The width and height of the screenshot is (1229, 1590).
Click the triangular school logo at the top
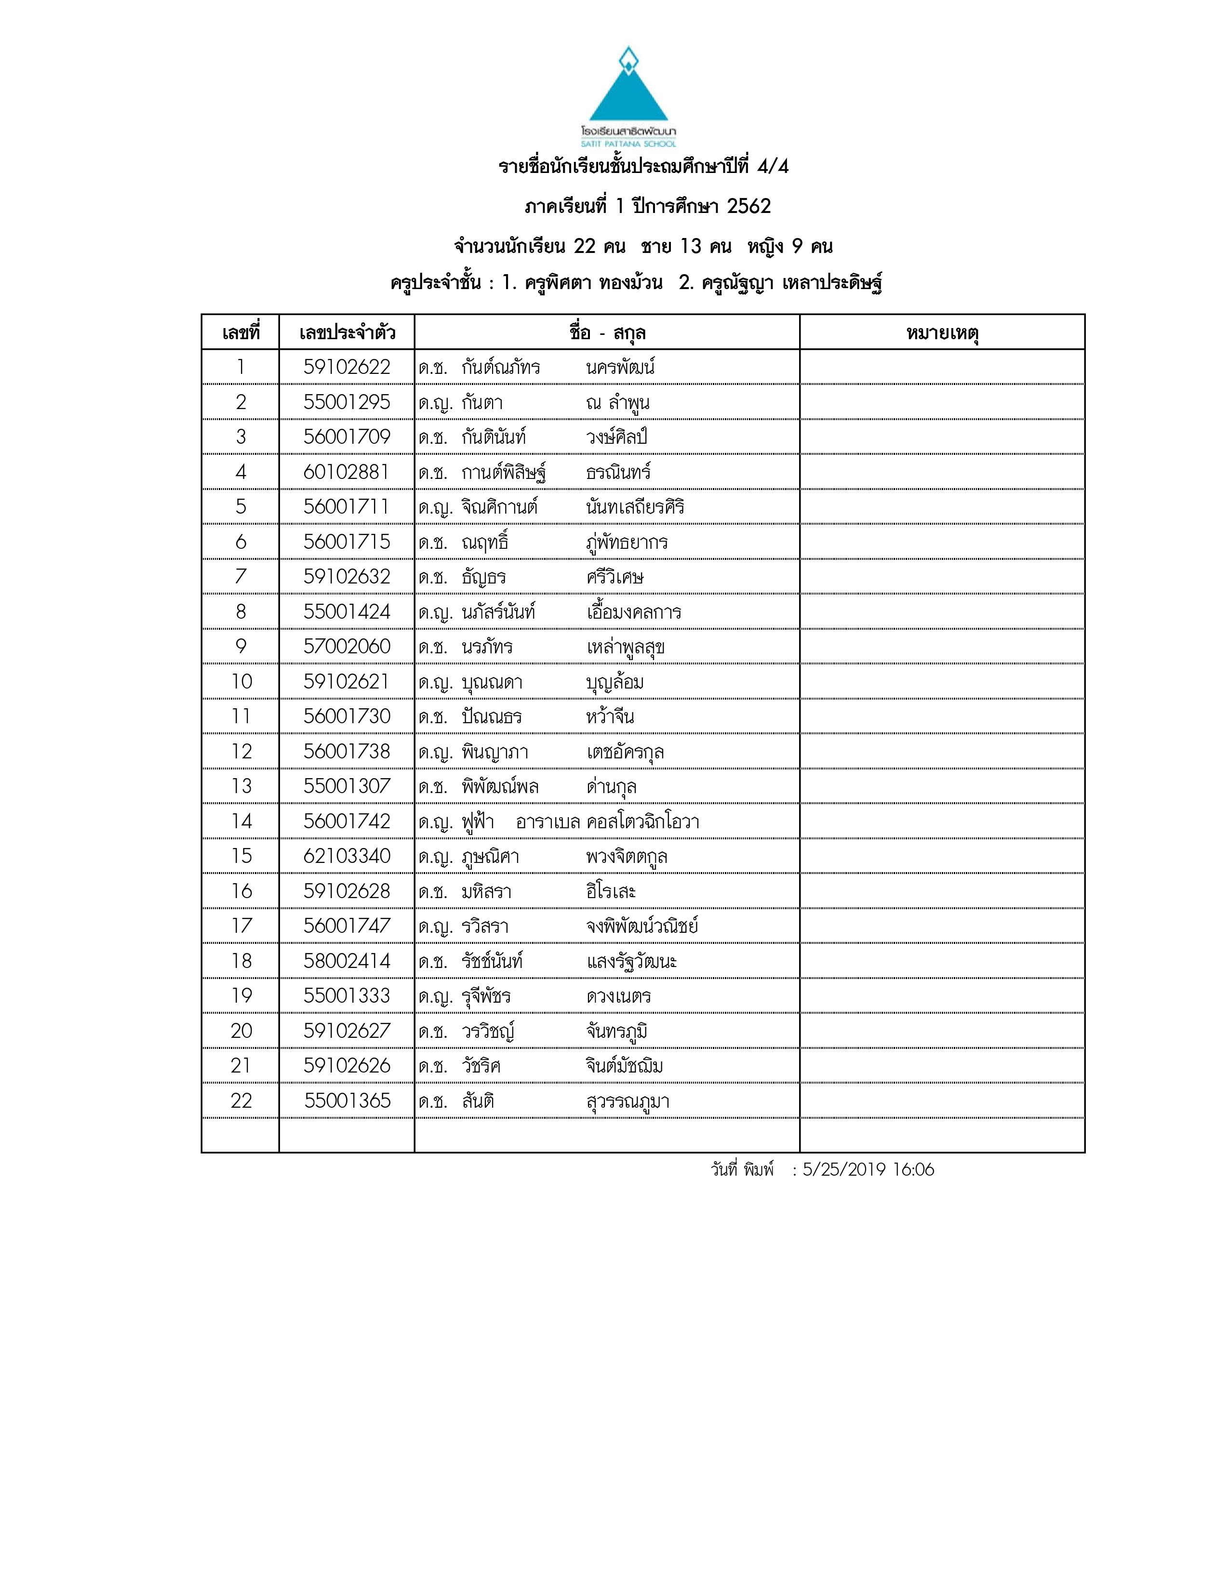(628, 87)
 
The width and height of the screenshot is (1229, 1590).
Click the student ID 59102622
(347, 367)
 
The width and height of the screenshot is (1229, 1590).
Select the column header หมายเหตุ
(942, 333)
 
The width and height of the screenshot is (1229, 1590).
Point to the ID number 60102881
(347, 472)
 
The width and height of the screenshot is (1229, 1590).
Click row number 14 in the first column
(241, 821)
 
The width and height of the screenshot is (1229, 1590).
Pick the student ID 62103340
(347, 856)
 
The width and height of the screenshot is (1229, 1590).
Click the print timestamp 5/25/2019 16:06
(868, 1170)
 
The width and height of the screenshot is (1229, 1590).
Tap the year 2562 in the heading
(748, 207)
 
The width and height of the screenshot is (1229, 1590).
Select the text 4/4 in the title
(773, 167)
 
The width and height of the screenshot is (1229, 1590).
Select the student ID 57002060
(347, 647)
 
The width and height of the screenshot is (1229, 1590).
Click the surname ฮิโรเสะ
(611, 891)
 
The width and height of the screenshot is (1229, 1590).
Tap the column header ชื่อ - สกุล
(607, 333)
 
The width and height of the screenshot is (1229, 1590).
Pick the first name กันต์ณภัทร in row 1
(501, 367)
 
